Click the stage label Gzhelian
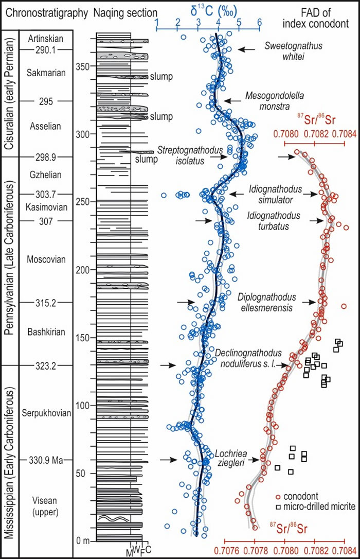click(x=46, y=174)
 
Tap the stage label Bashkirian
click(x=46, y=332)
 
